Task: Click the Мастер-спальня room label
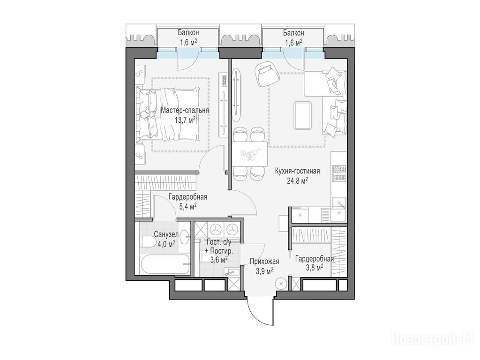tap(185, 110)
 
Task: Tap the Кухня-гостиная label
tap(297, 171)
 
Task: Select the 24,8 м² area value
tap(297, 181)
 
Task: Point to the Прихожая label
tap(264, 261)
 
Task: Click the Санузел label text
tap(166, 235)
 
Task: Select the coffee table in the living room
tap(302, 116)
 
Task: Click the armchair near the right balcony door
tap(266, 75)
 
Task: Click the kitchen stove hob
tap(339, 174)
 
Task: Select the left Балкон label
tap(188, 32)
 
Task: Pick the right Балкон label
tap(293, 32)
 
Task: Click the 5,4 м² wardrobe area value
tap(187, 207)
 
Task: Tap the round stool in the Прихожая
tap(280, 284)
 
